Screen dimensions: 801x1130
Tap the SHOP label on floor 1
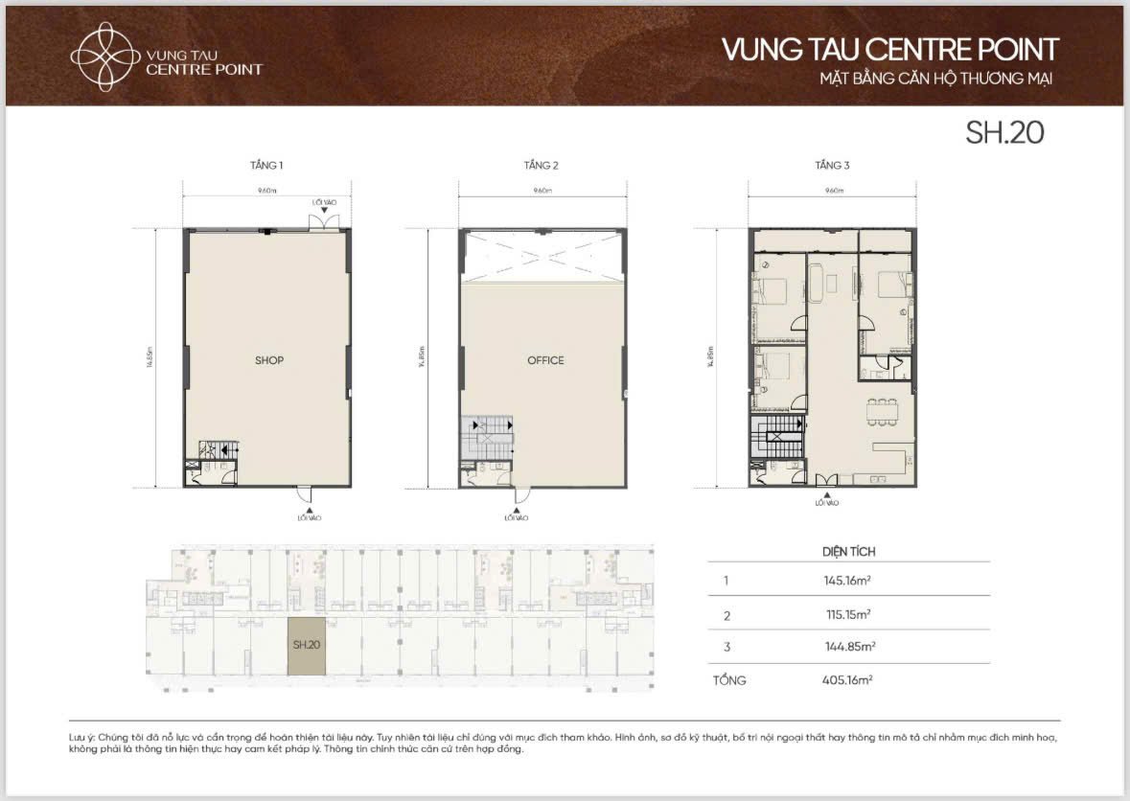[269, 360]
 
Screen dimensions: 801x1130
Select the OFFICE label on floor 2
[545, 360]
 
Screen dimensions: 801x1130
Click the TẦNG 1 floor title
[266, 166]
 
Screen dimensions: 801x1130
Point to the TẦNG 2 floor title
[541, 166]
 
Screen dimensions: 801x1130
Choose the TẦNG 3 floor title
[832, 166]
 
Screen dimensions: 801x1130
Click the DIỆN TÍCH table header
[848, 552]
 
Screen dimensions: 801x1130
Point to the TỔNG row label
[729, 680]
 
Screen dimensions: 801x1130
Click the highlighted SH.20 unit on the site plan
[307, 646]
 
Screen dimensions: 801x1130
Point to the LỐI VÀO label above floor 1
[323, 203]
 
